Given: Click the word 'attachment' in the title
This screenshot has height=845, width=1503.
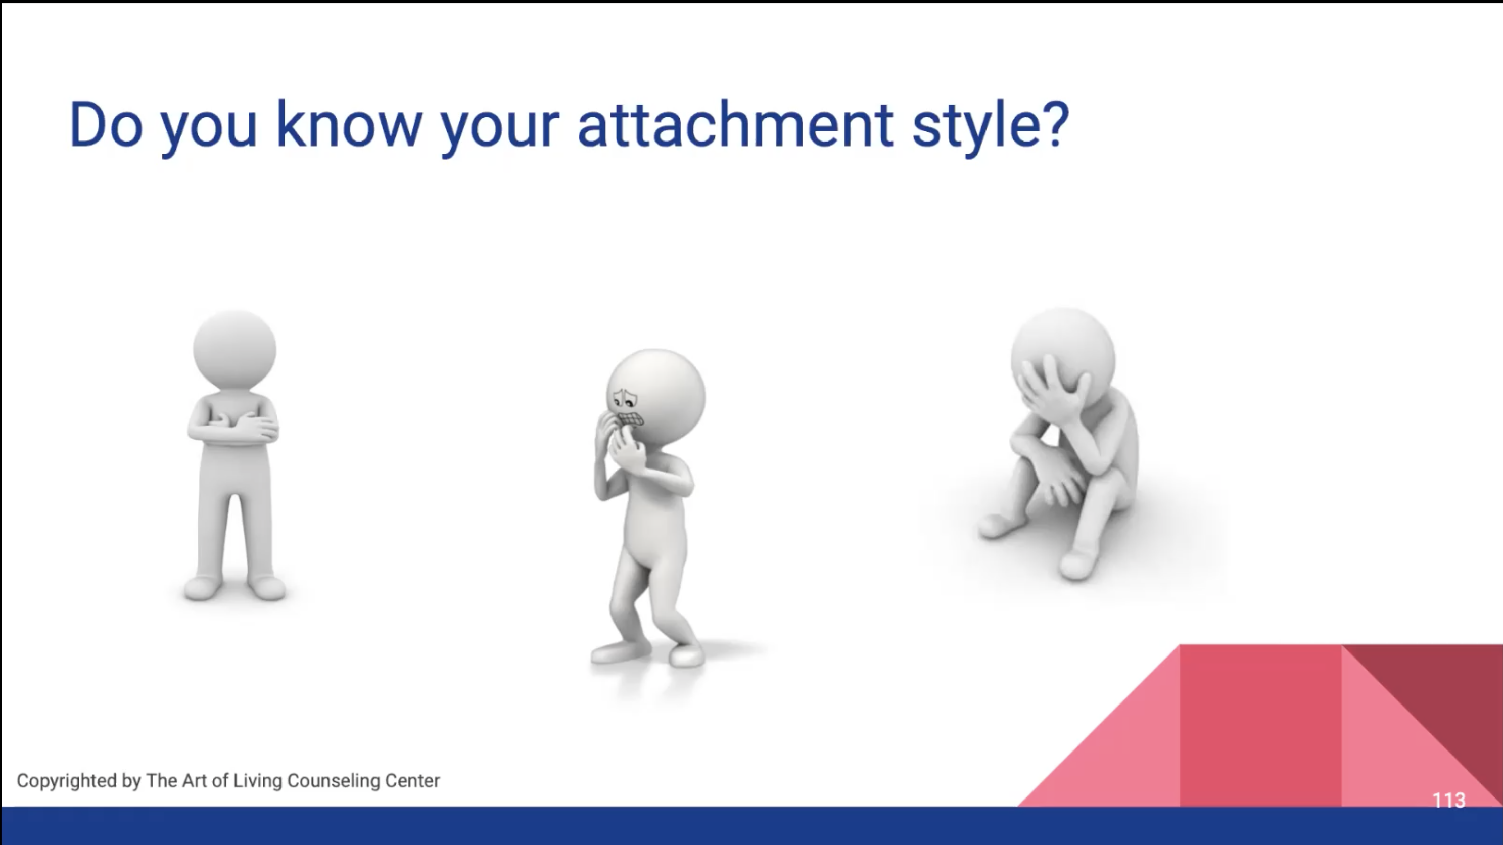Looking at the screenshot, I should [735, 125].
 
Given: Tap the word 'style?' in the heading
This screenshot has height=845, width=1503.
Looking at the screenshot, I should [990, 126].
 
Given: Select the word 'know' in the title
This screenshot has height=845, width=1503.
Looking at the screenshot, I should [348, 125].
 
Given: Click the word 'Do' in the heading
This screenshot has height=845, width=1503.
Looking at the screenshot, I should [106, 125].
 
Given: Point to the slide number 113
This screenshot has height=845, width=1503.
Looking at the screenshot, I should [1449, 800].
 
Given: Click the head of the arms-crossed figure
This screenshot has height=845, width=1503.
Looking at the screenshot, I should [234, 350].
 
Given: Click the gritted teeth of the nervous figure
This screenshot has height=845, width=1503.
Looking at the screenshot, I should [631, 419].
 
